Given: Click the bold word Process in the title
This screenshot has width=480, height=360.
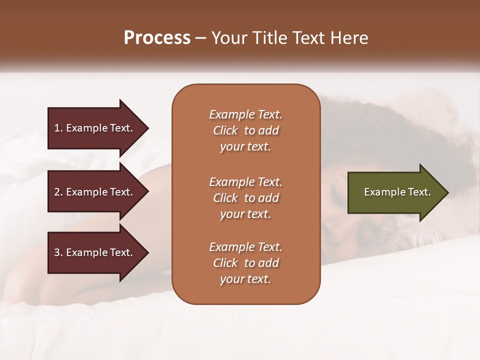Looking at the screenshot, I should [x=157, y=38].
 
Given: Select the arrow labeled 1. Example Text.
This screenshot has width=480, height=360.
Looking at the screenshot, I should [x=95, y=128].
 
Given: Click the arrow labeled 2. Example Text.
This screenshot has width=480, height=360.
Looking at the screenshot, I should [x=95, y=192].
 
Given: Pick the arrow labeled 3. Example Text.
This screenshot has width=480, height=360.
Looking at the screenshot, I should [x=95, y=252].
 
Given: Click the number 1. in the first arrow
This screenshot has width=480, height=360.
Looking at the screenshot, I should [x=58, y=128].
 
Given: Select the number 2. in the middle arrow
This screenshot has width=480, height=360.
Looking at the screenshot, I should [x=58, y=192].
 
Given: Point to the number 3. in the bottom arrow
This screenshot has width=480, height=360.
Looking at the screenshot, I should [x=58, y=252].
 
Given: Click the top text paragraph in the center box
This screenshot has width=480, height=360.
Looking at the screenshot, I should [x=245, y=130].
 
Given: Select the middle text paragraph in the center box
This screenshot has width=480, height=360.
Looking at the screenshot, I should [x=245, y=198].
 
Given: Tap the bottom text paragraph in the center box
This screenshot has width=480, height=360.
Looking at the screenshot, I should [x=245, y=263].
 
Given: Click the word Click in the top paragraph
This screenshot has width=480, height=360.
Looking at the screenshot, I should [x=225, y=130].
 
